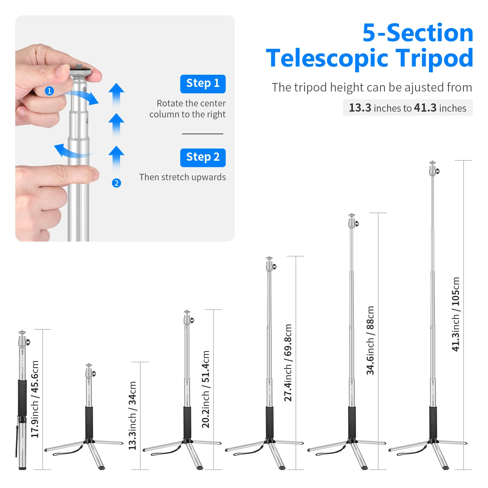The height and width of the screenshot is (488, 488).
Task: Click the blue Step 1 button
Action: (x=203, y=84)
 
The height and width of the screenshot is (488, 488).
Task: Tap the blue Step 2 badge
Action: (x=203, y=158)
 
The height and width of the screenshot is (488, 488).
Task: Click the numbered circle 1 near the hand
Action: (x=49, y=91)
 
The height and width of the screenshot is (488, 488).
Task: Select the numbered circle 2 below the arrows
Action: (x=116, y=183)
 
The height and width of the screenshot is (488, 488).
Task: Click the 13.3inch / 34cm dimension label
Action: (x=132, y=415)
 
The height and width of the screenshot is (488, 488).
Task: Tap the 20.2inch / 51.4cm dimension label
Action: (x=206, y=389)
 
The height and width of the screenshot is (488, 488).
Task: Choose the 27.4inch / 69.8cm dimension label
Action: (x=288, y=363)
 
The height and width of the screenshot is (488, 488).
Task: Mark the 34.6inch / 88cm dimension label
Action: (x=370, y=340)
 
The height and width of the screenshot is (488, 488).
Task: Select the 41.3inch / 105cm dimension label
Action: (x=456, y=314)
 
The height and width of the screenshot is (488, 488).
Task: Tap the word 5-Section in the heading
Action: (x=418, y=33)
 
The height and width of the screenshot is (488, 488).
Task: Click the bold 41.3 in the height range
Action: (x=425, y=108)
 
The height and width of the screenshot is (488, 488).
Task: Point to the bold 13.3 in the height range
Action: (x=360, y=108)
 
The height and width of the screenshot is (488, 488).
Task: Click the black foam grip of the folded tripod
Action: (x=22, y=398)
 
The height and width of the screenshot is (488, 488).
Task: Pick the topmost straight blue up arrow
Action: (x=116, y=93)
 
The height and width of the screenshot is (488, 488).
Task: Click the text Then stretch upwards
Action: (x=182, y=177)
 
